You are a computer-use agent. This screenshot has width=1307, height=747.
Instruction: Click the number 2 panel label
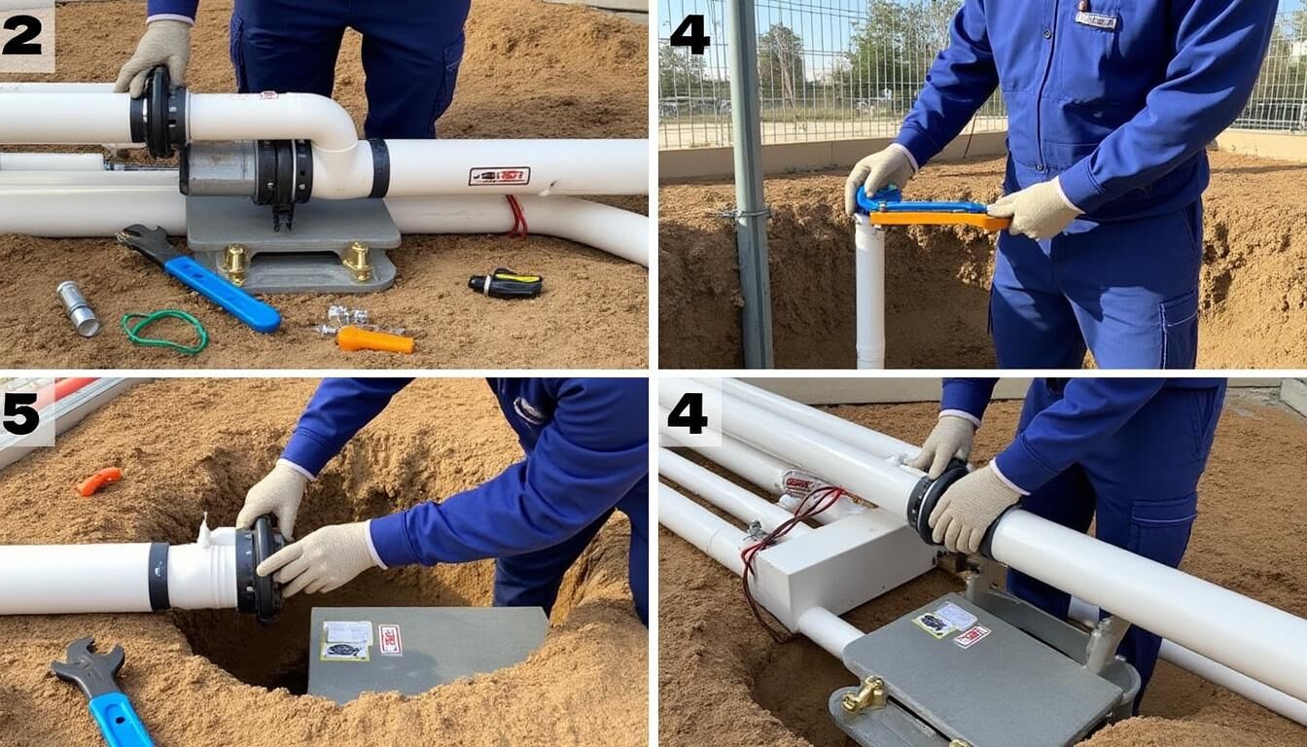pos(23,35)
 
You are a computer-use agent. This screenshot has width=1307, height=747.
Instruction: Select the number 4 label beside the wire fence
pos(689,35)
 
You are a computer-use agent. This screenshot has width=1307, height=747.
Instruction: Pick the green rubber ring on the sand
pos(164,331)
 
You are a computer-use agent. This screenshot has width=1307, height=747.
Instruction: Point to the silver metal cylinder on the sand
pos(78,308)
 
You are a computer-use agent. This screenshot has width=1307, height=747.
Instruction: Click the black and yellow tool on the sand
pos(506,283)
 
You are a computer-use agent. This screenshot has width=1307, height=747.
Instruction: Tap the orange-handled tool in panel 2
pos(374,340)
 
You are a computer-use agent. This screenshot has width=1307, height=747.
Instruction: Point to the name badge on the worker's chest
pos(1096,18)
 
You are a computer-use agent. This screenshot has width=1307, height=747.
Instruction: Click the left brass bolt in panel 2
pos(233,261)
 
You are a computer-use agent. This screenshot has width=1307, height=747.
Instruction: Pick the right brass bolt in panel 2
pos(357,259)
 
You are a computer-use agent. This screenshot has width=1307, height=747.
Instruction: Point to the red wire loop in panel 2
pos(516,216)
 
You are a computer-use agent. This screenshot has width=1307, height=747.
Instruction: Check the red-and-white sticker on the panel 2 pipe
pos(499,176)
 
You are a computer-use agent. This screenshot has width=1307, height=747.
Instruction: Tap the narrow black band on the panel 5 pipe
pos(159,577)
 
